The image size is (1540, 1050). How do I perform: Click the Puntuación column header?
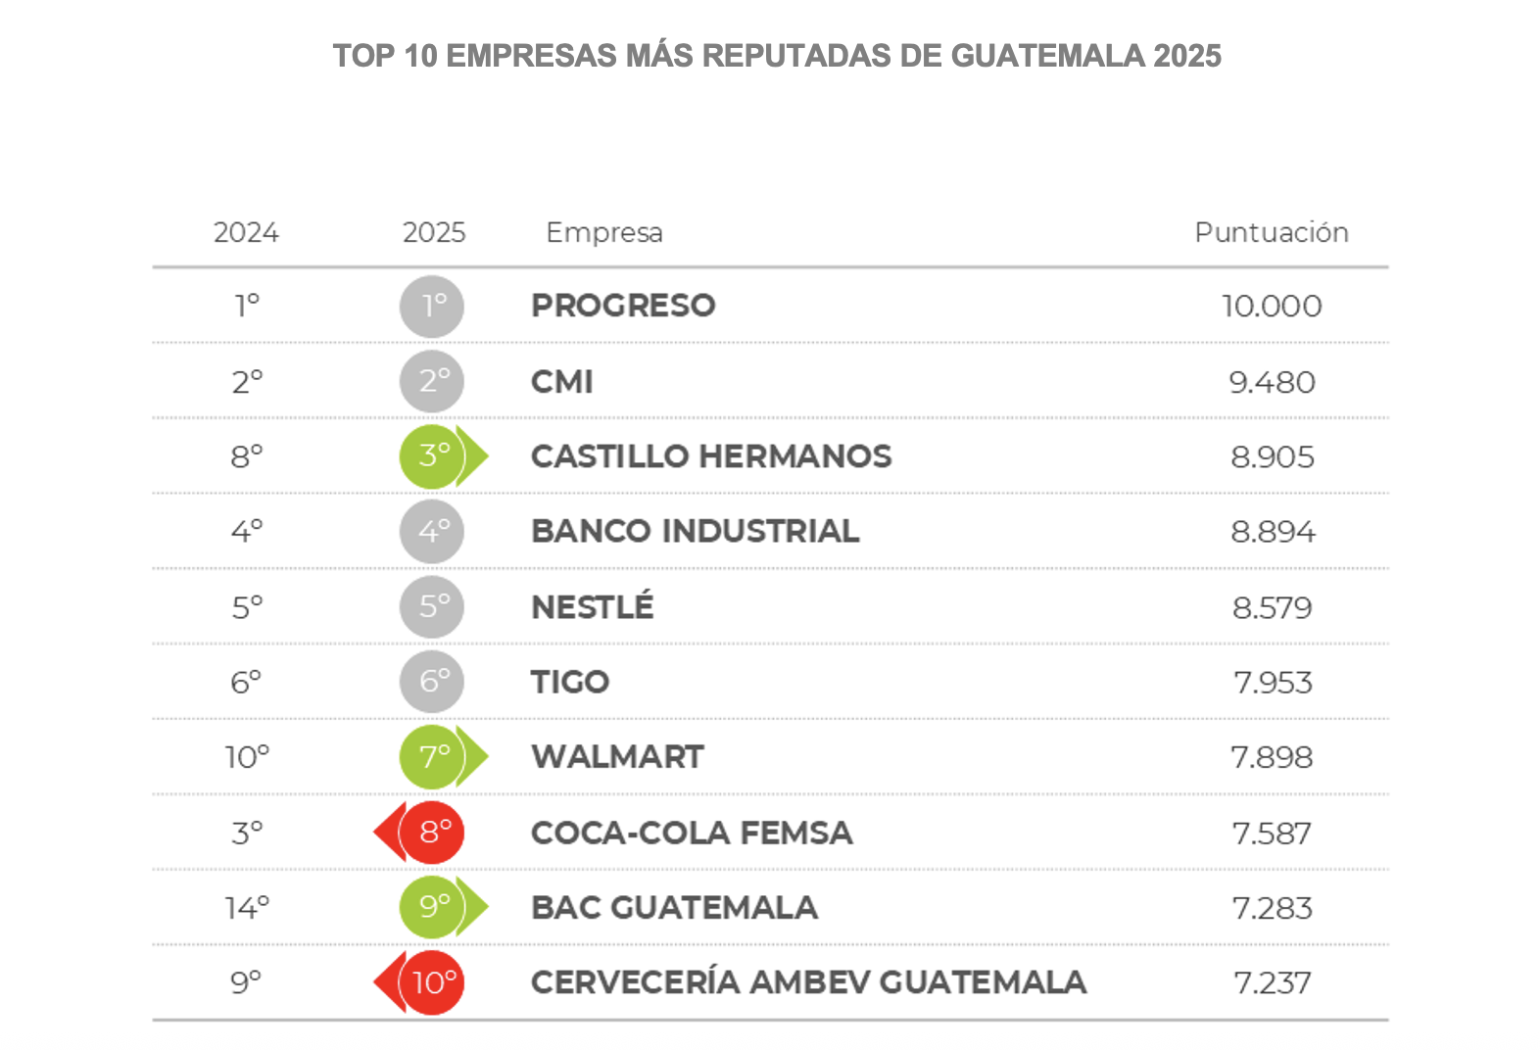[1271, 232]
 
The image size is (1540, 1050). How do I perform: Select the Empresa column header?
[603, 232]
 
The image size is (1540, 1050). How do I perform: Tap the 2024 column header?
[246, 232]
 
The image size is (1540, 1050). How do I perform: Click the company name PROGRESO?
[623, 306]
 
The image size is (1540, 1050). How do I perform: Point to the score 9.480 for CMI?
[1272, 382]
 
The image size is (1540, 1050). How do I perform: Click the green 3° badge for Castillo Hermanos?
[432, 456]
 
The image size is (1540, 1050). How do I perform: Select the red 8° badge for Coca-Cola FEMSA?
[432, 833]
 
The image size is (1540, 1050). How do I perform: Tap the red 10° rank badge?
[432, 982]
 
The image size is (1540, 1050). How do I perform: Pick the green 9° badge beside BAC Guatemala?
[432, 907]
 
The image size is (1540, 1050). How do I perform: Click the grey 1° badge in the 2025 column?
[432, 306]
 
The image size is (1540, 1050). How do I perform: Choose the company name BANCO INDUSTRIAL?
[695, 531]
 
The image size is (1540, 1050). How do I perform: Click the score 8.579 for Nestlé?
[1272, 607]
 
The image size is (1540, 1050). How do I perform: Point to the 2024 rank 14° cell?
[247, 908]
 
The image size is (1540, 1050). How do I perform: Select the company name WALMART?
[617, 757]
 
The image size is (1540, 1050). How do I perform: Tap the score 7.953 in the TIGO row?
[1272, 682]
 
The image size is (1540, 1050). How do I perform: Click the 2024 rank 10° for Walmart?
[247, 757]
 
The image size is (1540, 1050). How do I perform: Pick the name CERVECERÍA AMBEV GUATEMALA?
[808, 982]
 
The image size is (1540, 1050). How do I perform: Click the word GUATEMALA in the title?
[1047, 56]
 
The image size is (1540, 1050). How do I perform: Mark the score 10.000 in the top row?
[1272, 307]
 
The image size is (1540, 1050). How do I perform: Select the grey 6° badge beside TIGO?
[432, 682]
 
